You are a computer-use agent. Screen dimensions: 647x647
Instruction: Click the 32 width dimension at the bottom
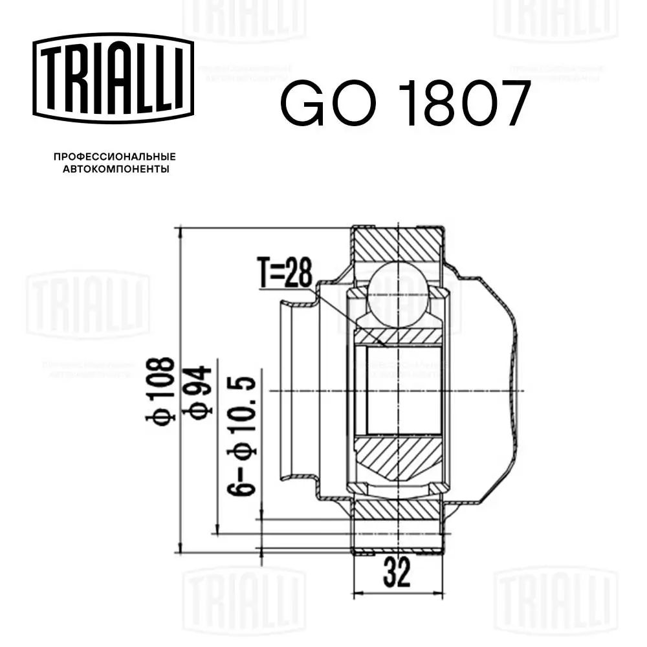pos(397,573)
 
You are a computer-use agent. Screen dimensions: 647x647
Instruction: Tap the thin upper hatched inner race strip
pos(396,336)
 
